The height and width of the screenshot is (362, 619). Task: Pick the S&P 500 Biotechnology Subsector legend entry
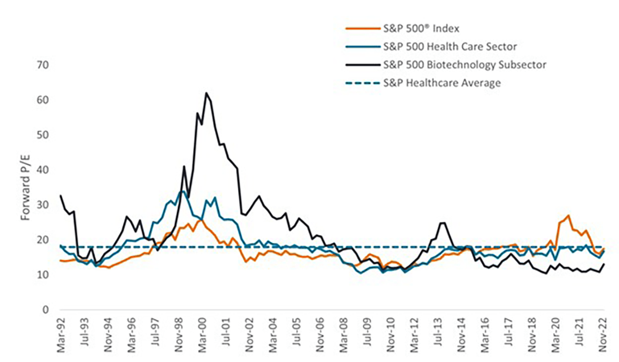(464, 64)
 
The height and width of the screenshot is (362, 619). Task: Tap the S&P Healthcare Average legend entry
(441, 83)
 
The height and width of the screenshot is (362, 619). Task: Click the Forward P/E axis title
(25, 187)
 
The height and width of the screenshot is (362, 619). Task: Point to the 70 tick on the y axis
(43, 65)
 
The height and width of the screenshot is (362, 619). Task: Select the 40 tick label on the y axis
(43, 170)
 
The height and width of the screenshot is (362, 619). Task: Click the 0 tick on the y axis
(45, 310)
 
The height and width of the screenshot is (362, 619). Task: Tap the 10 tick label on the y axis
(43, 275)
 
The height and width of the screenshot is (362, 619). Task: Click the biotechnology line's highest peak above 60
(206, 93)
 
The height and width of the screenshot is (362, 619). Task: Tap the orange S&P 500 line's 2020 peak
(569, 216)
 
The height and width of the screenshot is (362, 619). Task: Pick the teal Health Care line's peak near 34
(183, 191)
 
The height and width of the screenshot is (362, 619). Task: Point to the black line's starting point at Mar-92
(61, 196)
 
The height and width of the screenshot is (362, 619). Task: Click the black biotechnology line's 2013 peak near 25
(442, 223)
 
